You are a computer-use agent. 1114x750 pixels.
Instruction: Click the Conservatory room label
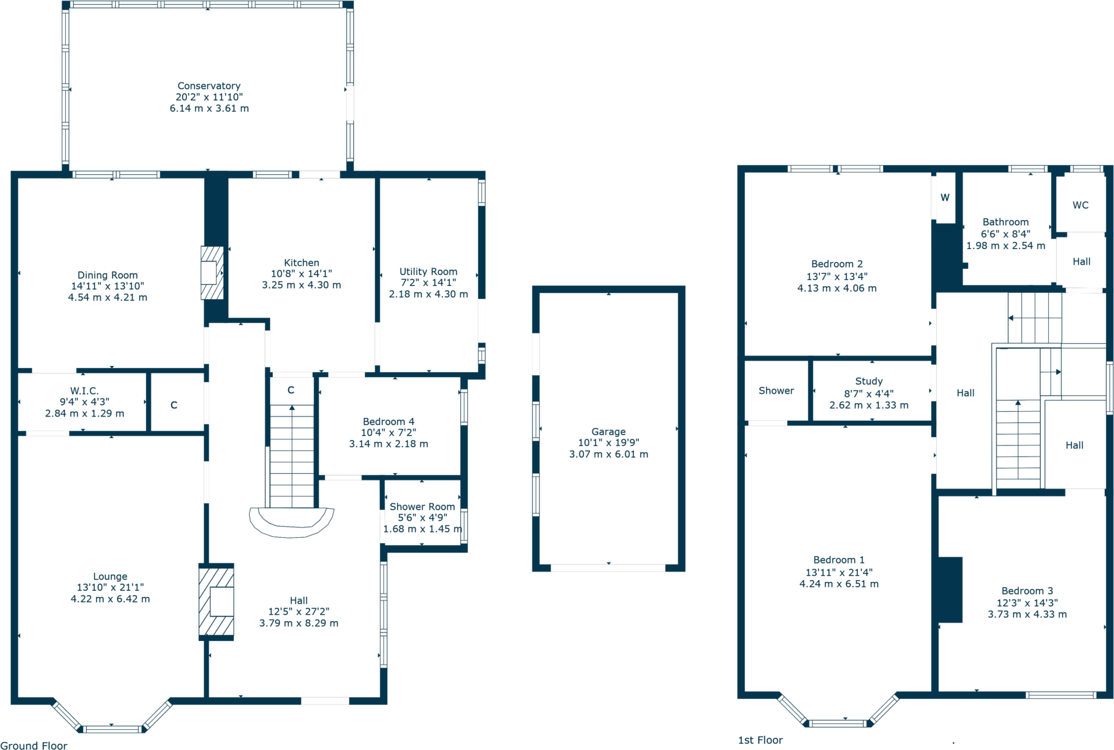coord(209,86)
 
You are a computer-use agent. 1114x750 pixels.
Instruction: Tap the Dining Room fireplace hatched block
coord(212,273)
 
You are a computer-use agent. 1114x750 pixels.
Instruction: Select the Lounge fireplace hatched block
coord(216,602)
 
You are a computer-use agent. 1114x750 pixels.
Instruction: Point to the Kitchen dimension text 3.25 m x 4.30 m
coord(301,285)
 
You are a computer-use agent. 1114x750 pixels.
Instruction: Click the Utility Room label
coord(428,271)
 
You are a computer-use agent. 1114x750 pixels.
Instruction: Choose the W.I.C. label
coord(84,391)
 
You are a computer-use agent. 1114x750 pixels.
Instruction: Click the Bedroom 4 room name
coord(388,421)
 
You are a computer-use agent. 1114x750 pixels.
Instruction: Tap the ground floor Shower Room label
coord(422,506)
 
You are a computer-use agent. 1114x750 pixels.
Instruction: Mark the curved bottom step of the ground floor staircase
coord(291,523)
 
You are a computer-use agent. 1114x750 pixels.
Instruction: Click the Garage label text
coord(608,431)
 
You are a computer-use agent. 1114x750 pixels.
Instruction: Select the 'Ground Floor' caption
coord(34,745)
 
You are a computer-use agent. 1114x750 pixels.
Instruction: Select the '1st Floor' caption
coord(760,740)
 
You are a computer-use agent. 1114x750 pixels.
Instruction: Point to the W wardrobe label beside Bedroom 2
coord(945,197)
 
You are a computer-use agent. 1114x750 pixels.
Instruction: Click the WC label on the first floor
coord(1080,205)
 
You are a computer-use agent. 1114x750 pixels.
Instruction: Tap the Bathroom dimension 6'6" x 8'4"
coord(1005,234)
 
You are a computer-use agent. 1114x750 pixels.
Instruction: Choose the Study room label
coord(868,381)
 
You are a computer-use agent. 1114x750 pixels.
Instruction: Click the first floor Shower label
coord(776,391)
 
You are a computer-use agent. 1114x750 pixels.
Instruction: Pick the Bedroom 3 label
coord(1027,591)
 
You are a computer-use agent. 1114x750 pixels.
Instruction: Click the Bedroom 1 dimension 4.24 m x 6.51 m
coord(838,584)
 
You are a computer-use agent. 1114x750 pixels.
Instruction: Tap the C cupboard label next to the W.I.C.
coord(174,405)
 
